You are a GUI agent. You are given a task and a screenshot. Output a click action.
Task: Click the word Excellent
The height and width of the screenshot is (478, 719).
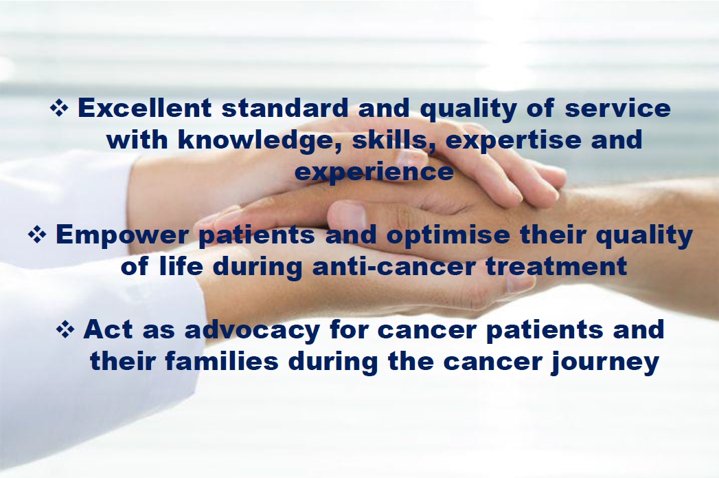point(144,109)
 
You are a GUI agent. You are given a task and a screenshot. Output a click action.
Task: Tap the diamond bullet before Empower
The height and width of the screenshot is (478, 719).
point(37,234)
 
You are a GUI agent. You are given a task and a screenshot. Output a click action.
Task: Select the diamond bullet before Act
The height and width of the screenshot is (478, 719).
point(65,329)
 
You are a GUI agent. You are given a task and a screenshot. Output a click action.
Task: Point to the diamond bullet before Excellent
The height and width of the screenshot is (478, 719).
point(59,108)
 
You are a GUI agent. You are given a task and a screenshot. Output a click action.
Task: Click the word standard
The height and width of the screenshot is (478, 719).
point(285,109)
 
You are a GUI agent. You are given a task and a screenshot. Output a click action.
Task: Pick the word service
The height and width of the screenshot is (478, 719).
point(617,109)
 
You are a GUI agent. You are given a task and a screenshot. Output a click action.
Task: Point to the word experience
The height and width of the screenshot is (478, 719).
point(374,172)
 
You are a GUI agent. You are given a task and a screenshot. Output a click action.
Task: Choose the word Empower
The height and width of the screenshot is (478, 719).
point(122,235)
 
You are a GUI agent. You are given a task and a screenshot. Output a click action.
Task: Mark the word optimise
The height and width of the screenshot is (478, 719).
point(448,235)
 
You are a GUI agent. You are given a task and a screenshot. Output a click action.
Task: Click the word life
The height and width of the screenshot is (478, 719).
point(181,266)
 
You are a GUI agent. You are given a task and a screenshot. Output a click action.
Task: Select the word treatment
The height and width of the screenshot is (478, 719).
point(556,266)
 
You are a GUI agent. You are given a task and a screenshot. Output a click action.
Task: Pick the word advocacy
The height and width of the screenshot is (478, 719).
point(252,330)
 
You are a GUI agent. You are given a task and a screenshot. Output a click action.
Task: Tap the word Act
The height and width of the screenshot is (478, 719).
point(109,329)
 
